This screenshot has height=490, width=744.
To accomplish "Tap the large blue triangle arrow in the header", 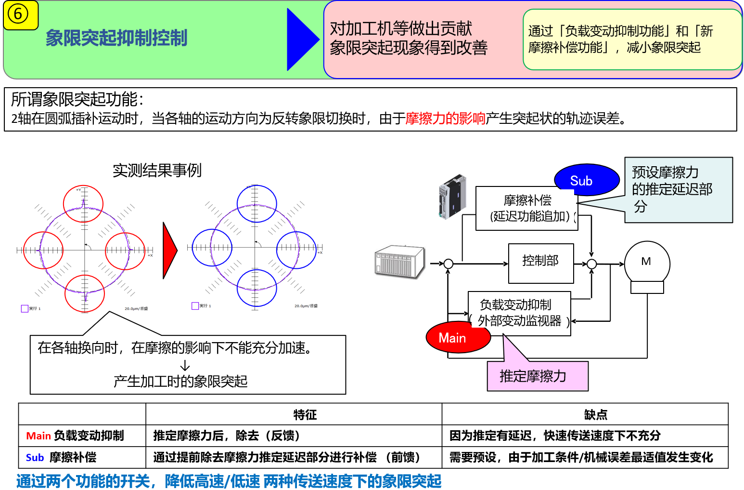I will click(x=301, y=40).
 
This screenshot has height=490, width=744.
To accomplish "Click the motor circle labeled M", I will click(x=647, y=263).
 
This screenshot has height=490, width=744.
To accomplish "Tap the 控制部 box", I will click(x=541, y=263).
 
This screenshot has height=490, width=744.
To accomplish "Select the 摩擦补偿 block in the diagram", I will click(x=527, y=208).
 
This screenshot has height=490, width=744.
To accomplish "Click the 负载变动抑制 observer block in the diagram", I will click(x=519, y=313).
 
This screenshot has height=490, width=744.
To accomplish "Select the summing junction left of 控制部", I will click(x=449, y=264).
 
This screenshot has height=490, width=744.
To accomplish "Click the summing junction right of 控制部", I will click(x=591, y=264).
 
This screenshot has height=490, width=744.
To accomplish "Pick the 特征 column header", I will click(x=305, y=414).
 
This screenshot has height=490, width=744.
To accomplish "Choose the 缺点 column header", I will click(x=596, y=414).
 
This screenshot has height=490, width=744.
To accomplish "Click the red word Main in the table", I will click(x=38, y=436).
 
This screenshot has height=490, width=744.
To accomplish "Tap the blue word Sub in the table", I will click(x=35, y=458).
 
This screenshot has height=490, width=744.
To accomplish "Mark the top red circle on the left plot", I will click(x=83, y=203).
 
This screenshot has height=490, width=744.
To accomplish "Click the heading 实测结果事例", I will click(x=157, y=170).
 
